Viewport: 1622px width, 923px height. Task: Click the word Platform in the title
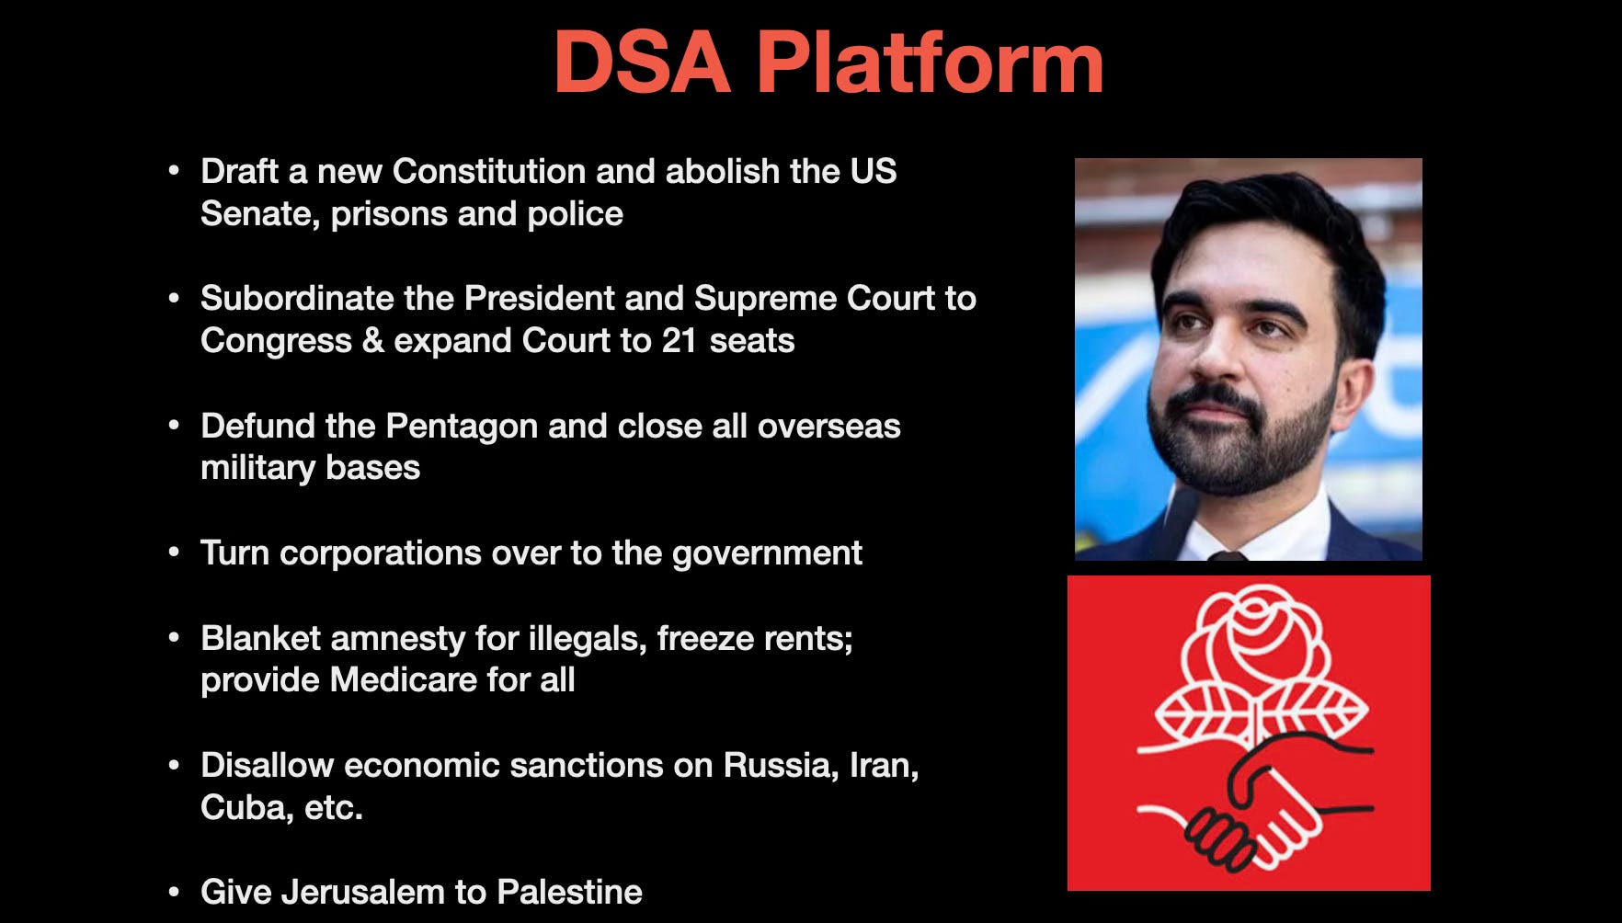click(930, 63)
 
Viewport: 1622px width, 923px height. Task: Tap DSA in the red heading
click(642, 63)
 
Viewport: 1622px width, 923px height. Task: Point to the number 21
click(680, 340)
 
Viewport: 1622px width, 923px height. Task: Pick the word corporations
click(380, 553)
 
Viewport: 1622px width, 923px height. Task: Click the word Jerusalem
click(363, 892)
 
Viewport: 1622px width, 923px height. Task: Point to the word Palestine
click(569, 892)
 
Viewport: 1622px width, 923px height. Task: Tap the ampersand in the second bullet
click(372, 340)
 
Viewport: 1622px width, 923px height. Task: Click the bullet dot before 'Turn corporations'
click(174, 553)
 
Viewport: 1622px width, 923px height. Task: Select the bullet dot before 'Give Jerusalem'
click(174, 892)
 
